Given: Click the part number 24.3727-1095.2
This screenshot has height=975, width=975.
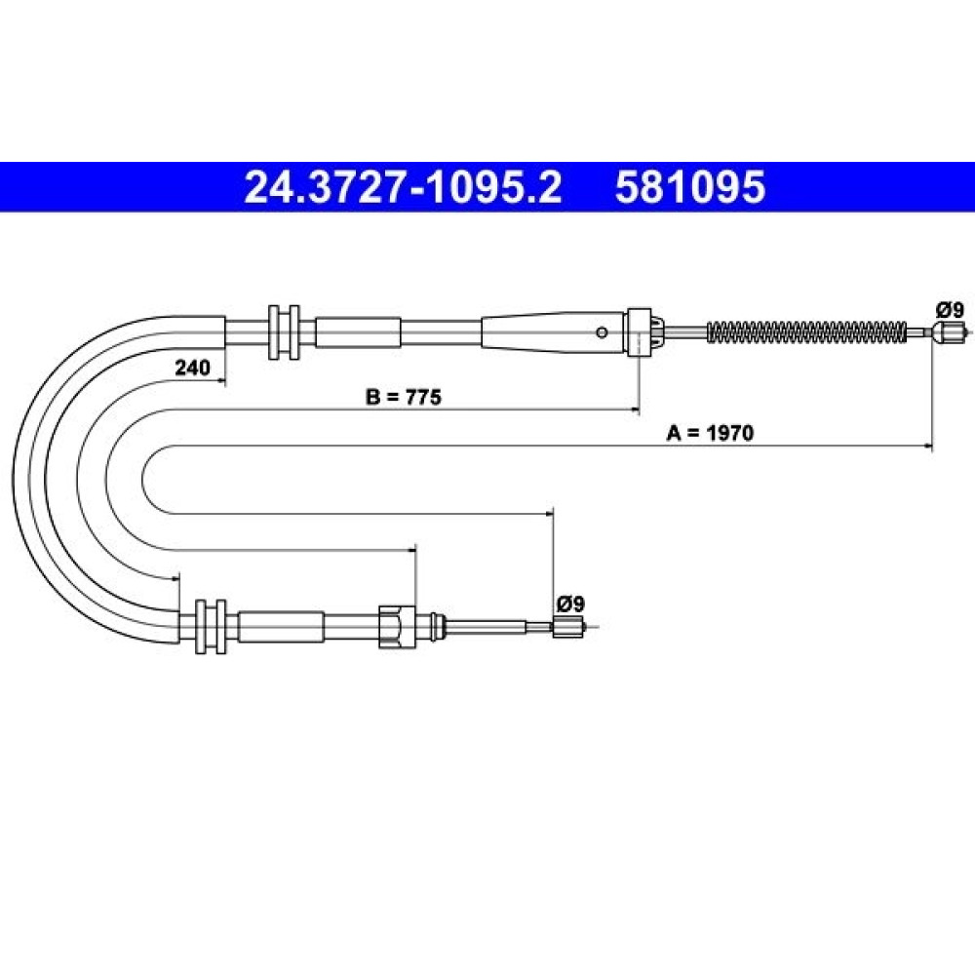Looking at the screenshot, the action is point(403,187).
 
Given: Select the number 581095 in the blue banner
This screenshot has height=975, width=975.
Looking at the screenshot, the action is point(690,187).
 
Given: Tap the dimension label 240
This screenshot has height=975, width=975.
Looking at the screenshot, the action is point(192,368).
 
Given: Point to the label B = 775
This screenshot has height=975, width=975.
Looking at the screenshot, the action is point(404,396).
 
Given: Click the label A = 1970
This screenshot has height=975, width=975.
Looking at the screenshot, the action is point(710,433).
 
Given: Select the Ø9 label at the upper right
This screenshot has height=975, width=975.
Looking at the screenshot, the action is point(950,309).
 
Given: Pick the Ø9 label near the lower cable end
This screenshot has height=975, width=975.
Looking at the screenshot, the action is point(570,603).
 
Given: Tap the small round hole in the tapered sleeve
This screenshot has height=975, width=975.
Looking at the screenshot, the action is point(602,332).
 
